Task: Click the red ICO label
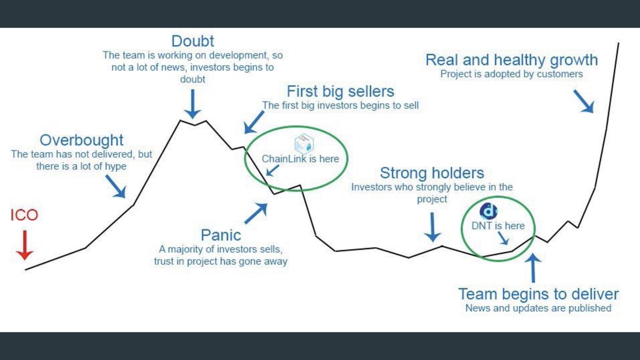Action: coord(24,215)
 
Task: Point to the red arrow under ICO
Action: coord(24,245)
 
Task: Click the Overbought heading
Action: coord(82,140)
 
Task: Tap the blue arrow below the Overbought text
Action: coord(116,186)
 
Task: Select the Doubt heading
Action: coord(193,41)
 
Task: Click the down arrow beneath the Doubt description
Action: coord(193,104)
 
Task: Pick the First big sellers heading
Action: coord(340,91)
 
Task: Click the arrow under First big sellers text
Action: coord(252,123)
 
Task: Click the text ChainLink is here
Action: coord(300,159)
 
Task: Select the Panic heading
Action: coord(221,235)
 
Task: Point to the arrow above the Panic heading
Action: coord(256,212)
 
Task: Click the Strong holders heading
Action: coord(432,173)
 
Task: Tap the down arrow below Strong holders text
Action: coord(433,227)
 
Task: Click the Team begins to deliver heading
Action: coord(539,294)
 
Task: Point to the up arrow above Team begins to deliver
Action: coord(534,267)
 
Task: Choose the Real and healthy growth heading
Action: coord(511,60)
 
